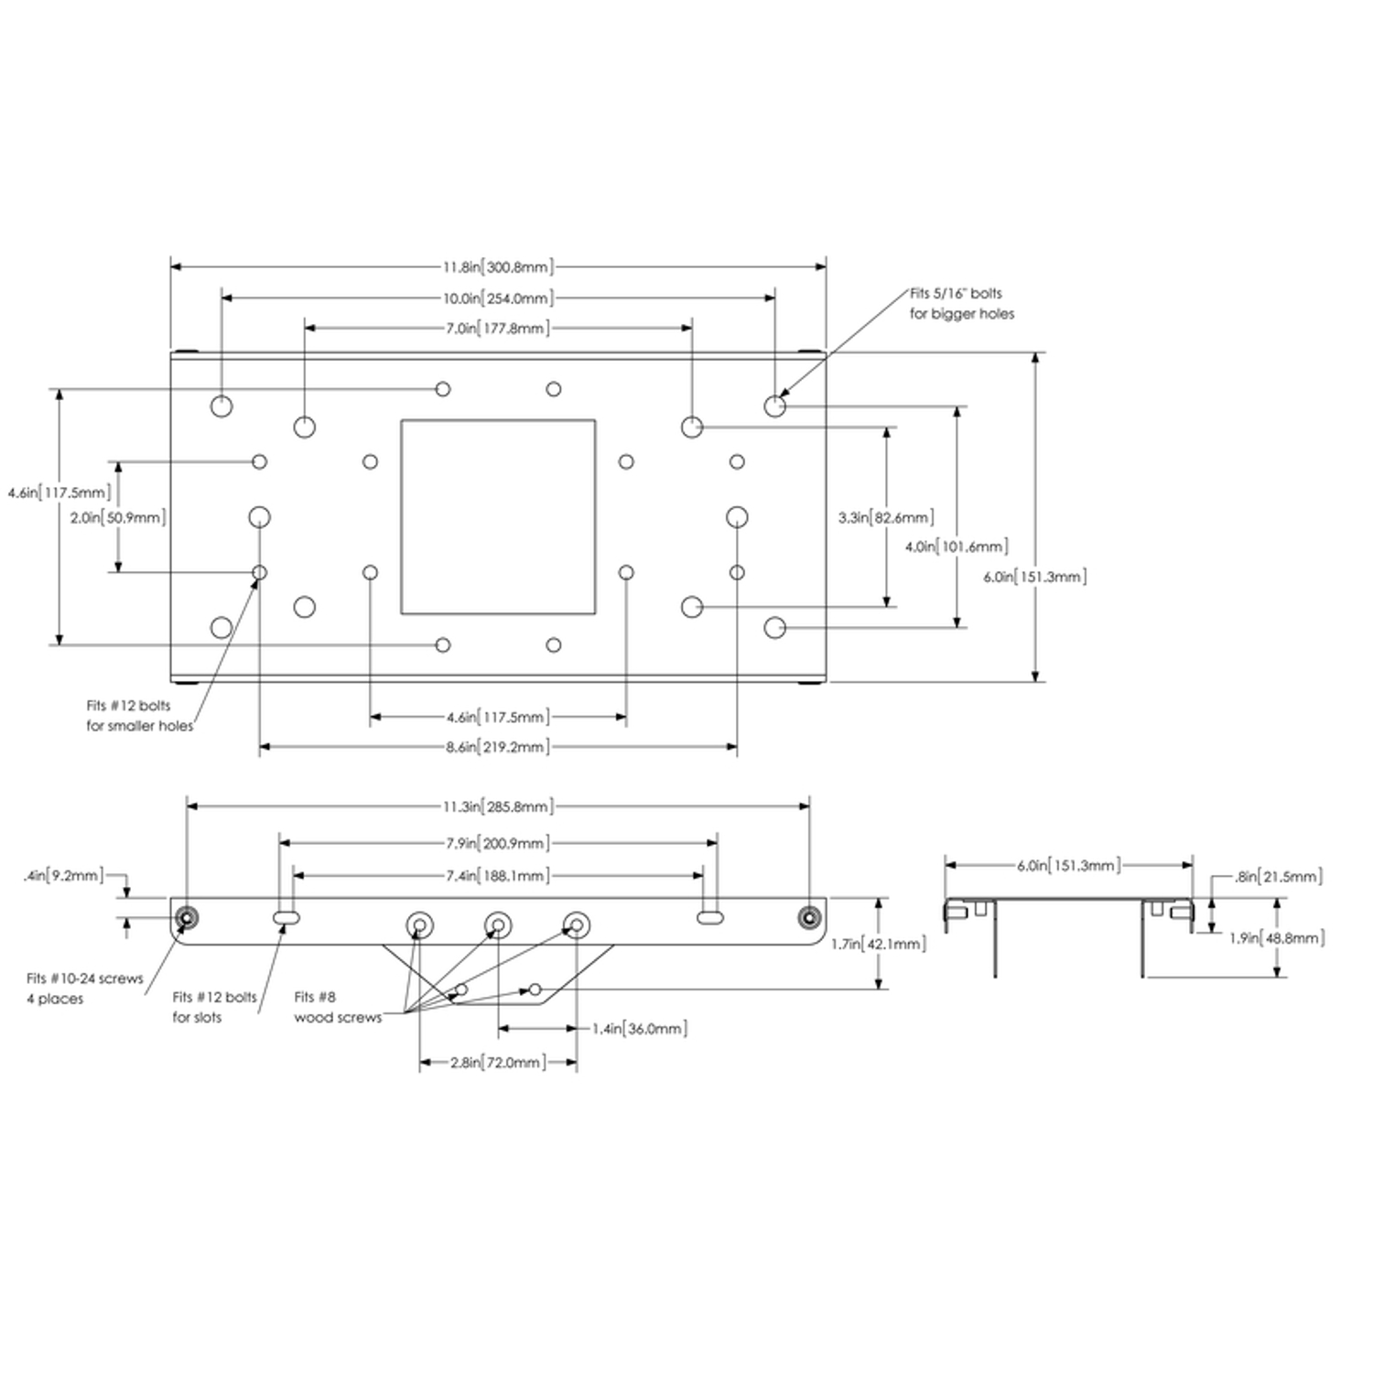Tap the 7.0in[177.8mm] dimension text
(x=498, y=329)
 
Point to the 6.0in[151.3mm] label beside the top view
(x=1035, y=578)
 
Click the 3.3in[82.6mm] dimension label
(x=886, y=518)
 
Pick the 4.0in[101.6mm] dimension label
(x=957, y=547)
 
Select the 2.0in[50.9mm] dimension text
(x=118, y=518)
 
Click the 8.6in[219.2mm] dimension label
(x=498, y=748)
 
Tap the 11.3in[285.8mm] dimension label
(x=498, y=807)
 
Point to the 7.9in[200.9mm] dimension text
(x=498, y=844)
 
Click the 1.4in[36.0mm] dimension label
(x=640, y=1030)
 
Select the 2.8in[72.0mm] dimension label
(x=498, y=1064)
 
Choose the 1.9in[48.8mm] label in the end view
(x=1277, y=938)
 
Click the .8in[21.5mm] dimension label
(x=1278, y=877)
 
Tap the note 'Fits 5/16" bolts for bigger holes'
(x=962, y=304)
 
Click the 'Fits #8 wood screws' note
(x=338, y=1008)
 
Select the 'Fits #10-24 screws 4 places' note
(x=85, y=989)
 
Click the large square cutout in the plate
(x=498, y=517)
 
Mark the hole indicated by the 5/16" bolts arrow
(x=774, y=406)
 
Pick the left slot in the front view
(x=287, y=917)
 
